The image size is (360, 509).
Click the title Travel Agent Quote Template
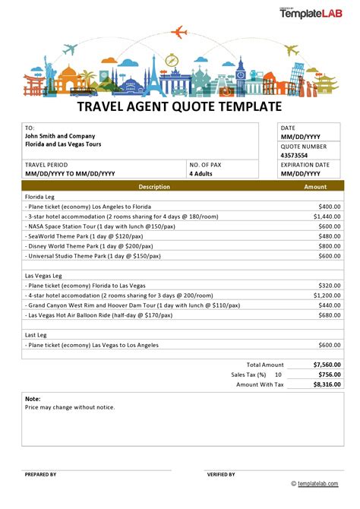(180, 107)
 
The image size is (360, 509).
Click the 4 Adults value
(201, 173)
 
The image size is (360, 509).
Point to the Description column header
(154, 186)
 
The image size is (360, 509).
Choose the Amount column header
(315, 186)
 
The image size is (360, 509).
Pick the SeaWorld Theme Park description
(74, 236)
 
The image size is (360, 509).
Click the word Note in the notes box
(33, 398)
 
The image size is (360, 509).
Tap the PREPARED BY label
(40, 474)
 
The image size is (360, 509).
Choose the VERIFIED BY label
(222, 474)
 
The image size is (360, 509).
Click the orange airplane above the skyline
(180, 32)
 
